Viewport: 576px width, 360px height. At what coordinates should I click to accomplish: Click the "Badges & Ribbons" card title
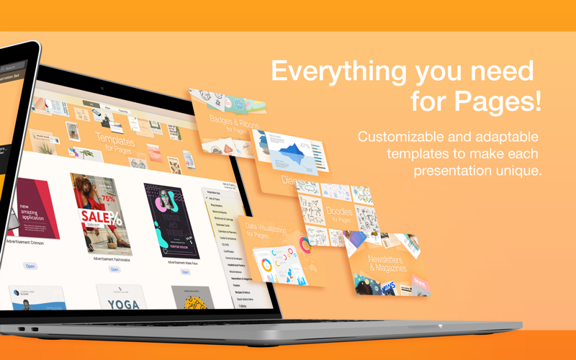tap(228, 122)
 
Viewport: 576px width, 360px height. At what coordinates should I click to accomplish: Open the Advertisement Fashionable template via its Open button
tap(114, 269)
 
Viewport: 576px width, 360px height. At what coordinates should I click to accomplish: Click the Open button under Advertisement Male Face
tap(185, 273)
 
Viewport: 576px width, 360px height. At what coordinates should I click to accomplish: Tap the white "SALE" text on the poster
tap(96, 216)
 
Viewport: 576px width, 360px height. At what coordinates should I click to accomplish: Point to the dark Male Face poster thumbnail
tap(171, 220)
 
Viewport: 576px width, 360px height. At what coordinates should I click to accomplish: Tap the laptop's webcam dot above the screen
tap(102, 88)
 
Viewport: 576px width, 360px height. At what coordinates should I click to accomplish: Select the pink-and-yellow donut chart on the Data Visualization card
tap(305, 246)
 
